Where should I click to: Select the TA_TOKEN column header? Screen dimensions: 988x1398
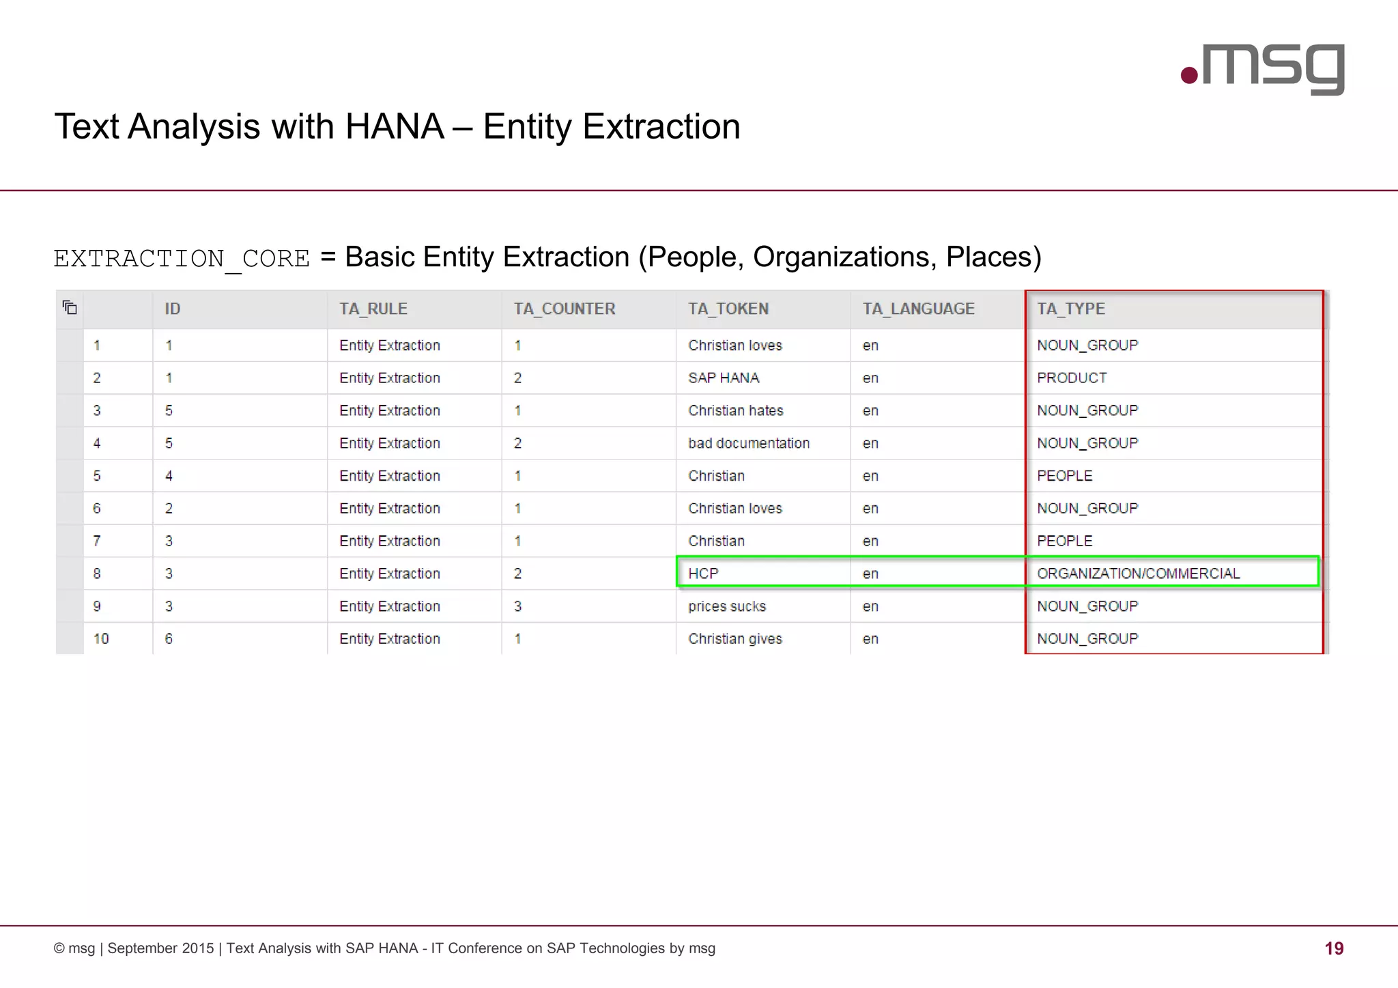tap(728, 309)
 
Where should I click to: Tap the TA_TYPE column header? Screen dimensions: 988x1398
tap(1071, 309)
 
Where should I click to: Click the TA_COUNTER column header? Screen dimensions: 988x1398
tap(565, 309)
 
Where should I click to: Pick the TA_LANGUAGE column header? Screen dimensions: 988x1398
tap(918, 309)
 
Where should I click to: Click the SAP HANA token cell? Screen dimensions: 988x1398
tap(724, 378)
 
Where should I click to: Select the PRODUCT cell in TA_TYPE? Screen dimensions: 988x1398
tap(1072, 378)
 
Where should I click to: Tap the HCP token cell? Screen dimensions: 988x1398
tap(703, 574)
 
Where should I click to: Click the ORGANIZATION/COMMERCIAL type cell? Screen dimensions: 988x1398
tap(1138, 574)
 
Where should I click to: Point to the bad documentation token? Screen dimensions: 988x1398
tap(749, 443)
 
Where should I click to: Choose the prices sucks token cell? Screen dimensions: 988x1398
tap(727, 606)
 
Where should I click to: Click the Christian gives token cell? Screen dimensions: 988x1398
tap(735, 639)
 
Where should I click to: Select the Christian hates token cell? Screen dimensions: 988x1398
tap(736, 411)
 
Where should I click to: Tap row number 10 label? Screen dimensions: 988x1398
tap(101, 639)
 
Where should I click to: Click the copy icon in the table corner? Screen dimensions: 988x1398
tap(70, 308)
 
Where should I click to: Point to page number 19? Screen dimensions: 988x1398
tap(1334, 948)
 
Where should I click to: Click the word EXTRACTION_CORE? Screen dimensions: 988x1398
tap(182, 259)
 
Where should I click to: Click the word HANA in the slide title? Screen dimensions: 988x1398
tap(395, 127)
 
